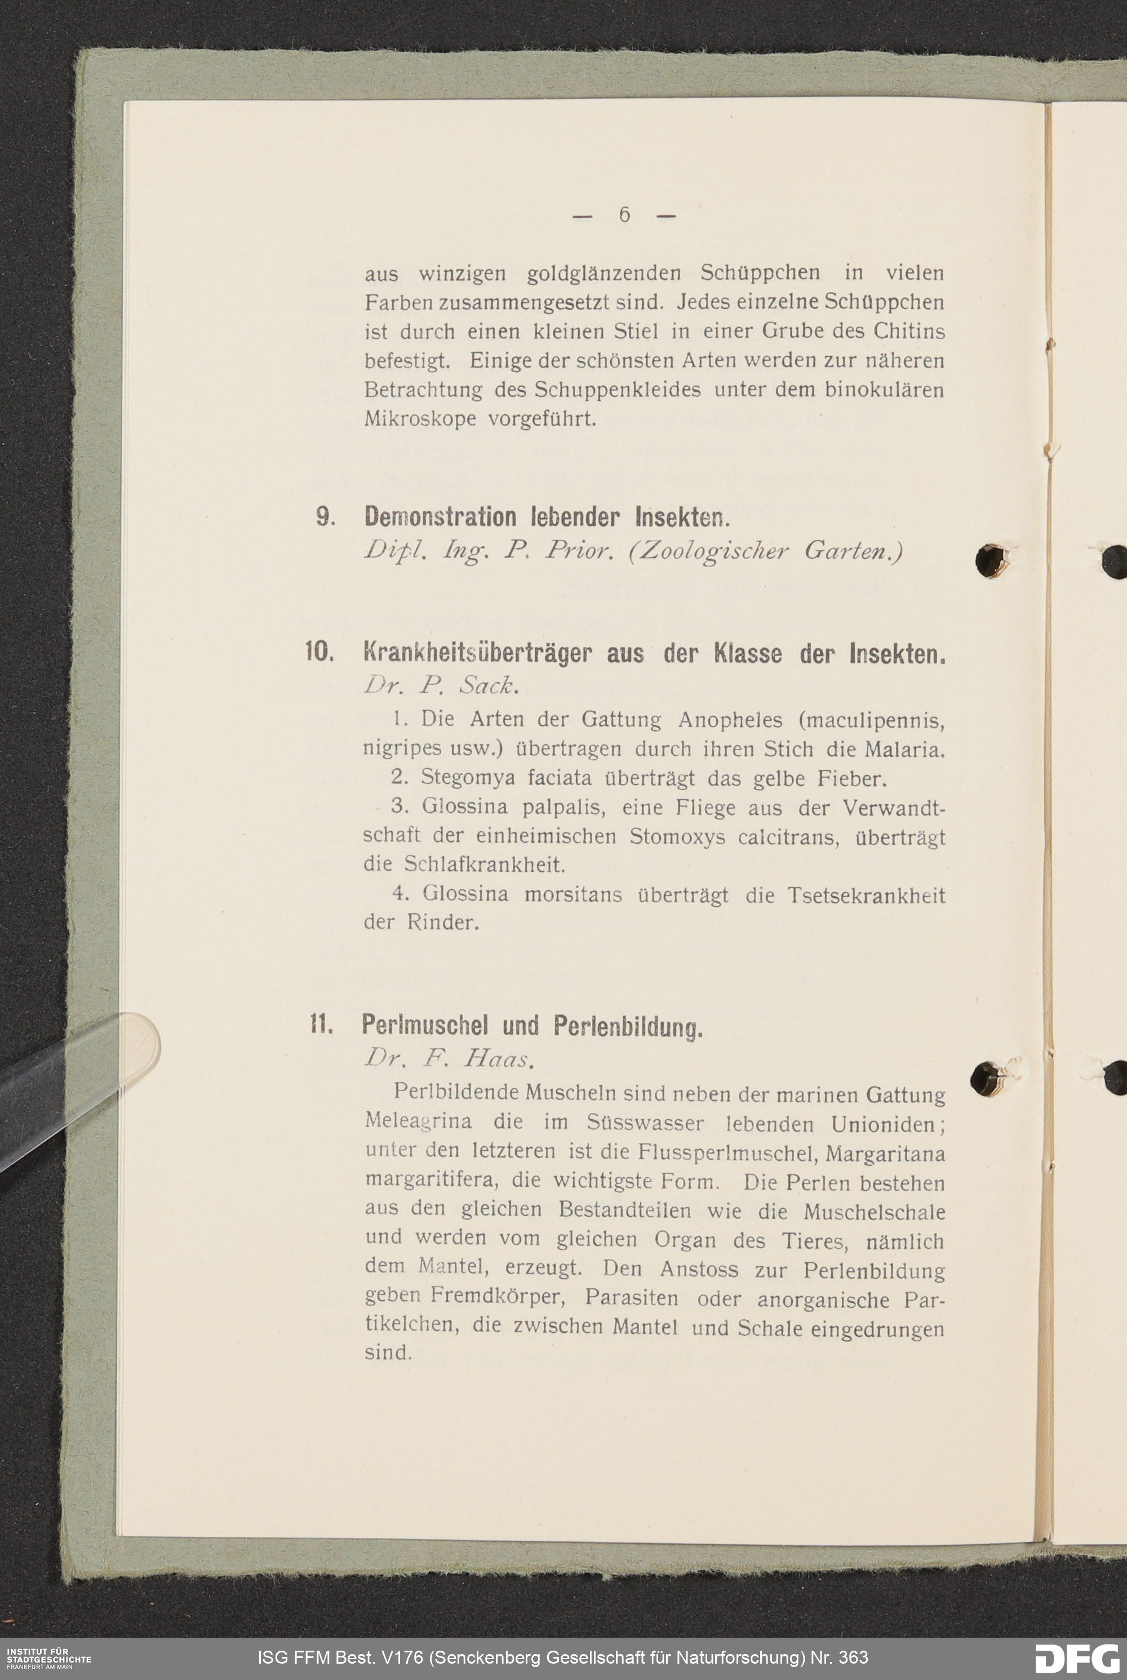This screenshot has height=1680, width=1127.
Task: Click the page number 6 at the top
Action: coord(624,214)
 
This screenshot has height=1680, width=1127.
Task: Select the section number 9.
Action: coord(325,517)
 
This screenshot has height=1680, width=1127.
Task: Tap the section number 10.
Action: coord(319,652)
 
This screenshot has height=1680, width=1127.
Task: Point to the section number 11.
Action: coord(321,1023)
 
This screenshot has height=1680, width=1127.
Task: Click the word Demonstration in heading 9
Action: coord(440,517)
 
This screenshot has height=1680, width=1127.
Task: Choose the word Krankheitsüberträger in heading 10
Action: coord(478,653)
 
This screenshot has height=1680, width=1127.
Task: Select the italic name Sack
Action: coord(487,686)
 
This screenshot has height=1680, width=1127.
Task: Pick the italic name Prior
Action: coord(579,551)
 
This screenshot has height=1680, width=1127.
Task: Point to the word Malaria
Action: coord(903,750)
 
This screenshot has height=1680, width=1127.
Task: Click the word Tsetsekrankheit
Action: coord(866,896)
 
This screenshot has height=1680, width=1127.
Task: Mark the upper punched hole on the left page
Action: coord(992,560)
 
